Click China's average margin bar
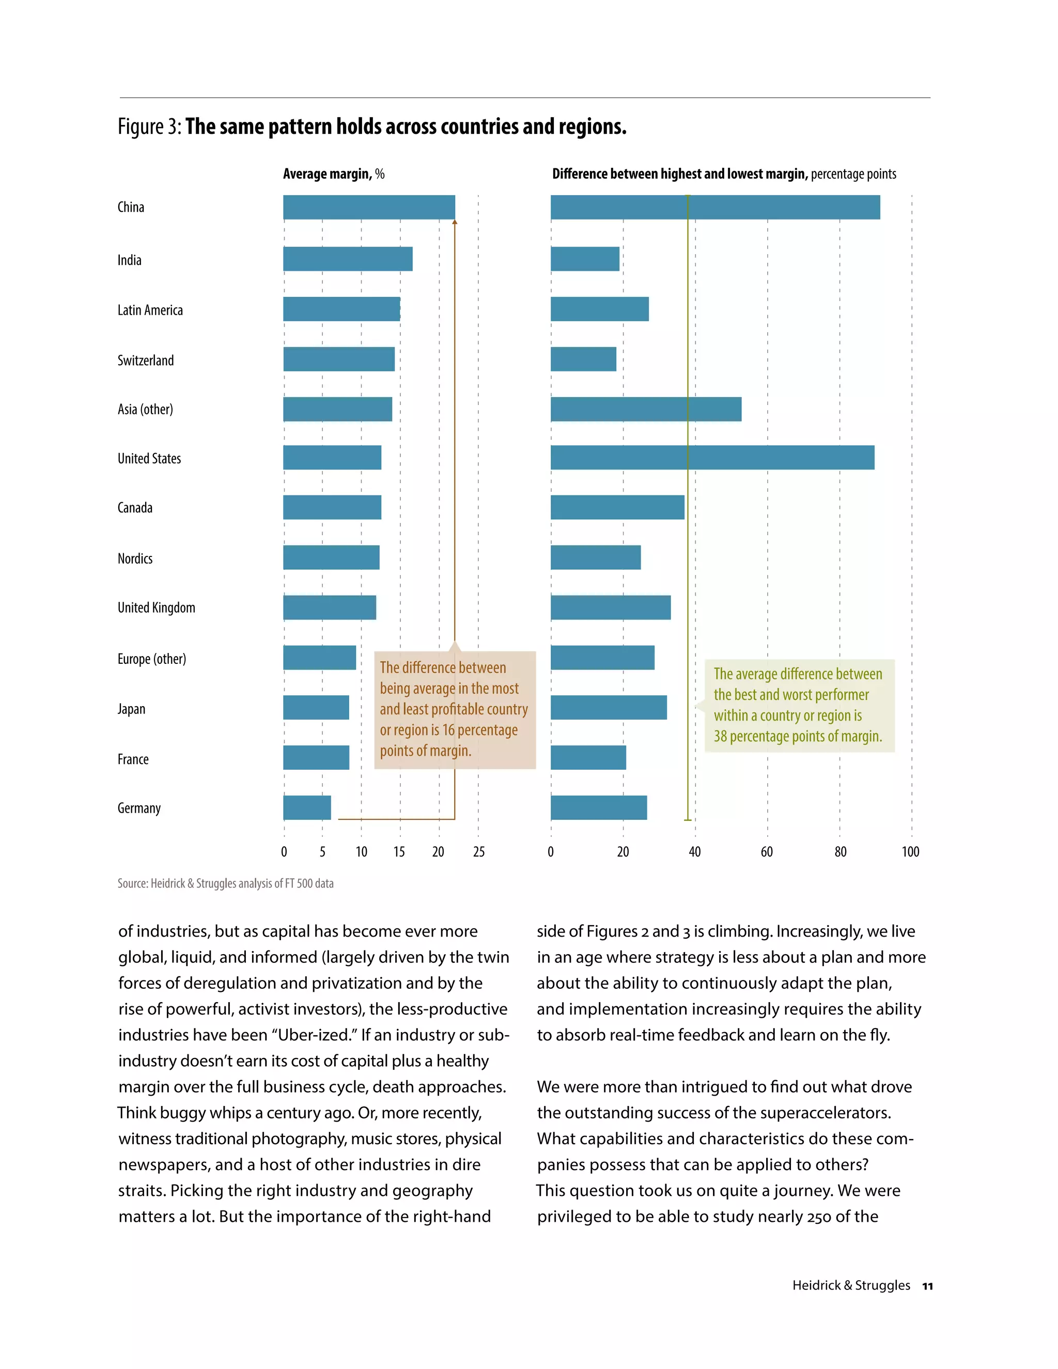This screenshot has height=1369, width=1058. click(x=368, y=208)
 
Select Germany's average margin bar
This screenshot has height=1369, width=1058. click(x=307, y=807)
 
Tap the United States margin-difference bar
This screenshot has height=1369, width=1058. click(x=712, y=458)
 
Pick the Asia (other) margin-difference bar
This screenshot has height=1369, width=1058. click(x=646, y=409)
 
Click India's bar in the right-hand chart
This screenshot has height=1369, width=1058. click(x=585, y=259)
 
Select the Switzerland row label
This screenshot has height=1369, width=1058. click(x=145, y=361)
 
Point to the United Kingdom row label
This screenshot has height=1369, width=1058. click(x=156, y=608)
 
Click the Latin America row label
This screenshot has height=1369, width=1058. click(x=150, y=310)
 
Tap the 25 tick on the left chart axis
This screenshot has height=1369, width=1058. click(x=479, y=852)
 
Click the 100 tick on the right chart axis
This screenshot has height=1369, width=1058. click(x=910, y=852)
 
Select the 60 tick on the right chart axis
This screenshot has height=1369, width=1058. click(x=767, y=852)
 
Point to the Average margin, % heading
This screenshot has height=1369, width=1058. click(x=333, y=174)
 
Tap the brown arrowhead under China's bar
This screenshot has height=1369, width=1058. click(x=455, y=222)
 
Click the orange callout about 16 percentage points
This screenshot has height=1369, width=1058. click(x=455, y=710)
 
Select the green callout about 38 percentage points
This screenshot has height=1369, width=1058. click(x=799, y=705)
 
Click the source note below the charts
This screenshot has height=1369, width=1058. click(x=225, y=883)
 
